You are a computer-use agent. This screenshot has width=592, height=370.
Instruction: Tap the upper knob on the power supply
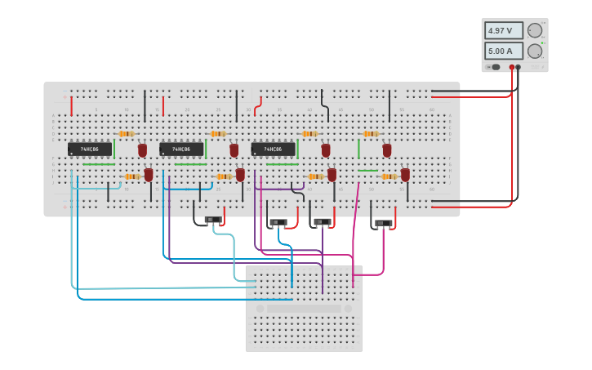[535, 30]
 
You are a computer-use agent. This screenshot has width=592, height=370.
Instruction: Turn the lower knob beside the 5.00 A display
[535, 51]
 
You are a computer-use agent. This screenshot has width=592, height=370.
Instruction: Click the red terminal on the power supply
[512, 67]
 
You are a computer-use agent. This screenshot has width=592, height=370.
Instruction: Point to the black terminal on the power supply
[519, 67]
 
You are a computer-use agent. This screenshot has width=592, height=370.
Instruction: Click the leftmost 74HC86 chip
[89, 149]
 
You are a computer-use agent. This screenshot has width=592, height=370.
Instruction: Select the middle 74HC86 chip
[181, 149]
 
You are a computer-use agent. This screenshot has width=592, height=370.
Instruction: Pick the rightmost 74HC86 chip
[273, 149]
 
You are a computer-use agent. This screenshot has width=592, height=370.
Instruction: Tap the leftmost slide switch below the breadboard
[213, 220]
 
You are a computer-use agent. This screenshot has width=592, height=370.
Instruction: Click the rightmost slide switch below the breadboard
[383, 223]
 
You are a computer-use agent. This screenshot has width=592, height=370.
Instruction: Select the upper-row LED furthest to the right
[387, 150]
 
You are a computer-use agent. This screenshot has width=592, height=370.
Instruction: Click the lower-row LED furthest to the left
[149, 174]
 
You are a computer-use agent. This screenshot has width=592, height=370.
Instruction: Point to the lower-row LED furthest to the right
[405, 174]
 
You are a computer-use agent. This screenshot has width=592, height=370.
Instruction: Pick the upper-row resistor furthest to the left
[126, 134]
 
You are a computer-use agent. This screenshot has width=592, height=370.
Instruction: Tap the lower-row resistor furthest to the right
[389, 176]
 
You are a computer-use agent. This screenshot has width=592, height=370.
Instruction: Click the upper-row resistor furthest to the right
[371, 134]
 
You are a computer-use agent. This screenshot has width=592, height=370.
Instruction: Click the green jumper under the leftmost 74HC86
[99, 164]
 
